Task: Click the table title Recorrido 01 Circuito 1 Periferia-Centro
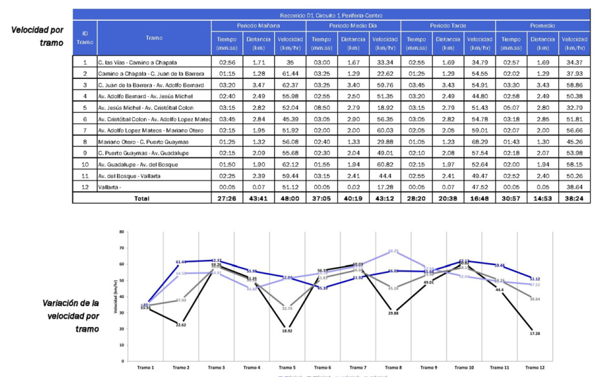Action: (331, 14)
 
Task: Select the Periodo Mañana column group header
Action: (258, 25)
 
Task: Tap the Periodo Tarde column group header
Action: (448, 25)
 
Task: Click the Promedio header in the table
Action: (543, 25)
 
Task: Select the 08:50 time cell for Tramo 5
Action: (321, 108)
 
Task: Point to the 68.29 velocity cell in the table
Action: (479, 142)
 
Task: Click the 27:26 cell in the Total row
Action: (226, 199)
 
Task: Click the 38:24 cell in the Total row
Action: (574, 199)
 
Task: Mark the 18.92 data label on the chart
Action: (288, 330)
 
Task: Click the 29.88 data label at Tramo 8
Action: (393, 312)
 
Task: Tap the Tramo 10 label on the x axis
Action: (464, 367)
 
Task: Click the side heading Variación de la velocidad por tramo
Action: (71, 316)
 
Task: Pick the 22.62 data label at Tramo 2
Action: (182, 325)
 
